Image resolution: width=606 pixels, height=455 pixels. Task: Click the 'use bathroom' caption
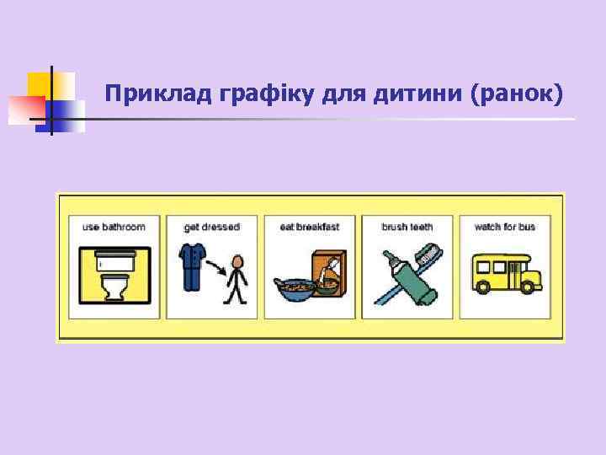point(114,227)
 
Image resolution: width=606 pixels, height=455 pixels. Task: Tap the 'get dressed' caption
point(211,227)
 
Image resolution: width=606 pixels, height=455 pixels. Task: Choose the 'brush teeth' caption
point(407,227)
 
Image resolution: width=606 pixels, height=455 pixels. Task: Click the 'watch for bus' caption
point(505,227)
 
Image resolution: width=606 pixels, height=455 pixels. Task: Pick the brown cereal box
point(329,271)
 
